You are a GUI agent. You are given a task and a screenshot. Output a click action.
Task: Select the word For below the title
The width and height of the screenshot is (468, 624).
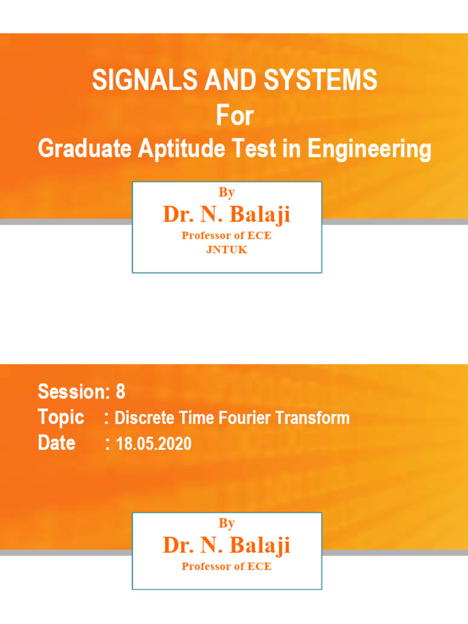[235, 116]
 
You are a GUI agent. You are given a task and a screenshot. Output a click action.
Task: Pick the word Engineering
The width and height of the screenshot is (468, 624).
[369, 149]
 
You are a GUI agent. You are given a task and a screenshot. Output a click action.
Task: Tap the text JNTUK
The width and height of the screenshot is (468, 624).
[227, 250]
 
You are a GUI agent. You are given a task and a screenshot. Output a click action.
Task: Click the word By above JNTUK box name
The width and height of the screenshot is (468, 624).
[227, 193]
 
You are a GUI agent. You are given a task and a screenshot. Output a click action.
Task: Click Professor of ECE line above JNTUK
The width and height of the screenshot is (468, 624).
[227, 236]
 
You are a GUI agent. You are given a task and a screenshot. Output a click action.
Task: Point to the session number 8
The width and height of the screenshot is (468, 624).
[120, 392]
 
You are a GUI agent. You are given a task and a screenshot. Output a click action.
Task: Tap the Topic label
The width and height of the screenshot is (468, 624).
[61, 418]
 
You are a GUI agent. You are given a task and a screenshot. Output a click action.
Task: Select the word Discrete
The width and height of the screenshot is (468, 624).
[144, 419]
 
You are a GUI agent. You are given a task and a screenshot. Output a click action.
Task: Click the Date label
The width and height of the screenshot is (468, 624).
[57, 443]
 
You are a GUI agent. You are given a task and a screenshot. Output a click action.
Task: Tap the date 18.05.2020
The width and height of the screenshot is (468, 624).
[154, 444]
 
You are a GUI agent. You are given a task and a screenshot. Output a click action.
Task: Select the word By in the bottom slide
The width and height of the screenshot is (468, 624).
[227, 523]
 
